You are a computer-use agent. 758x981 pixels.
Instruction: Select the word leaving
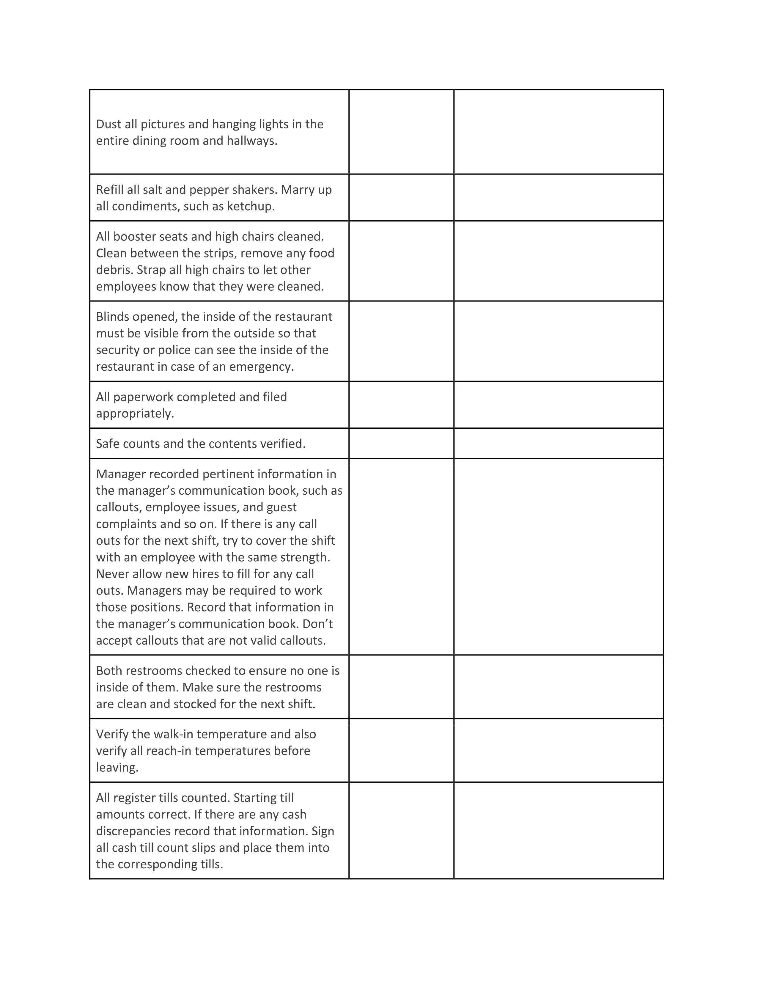click(117, 767)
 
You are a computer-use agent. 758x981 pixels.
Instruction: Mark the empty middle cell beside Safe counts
click(401, 443)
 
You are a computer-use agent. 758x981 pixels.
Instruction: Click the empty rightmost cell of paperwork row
click(558, 405)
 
